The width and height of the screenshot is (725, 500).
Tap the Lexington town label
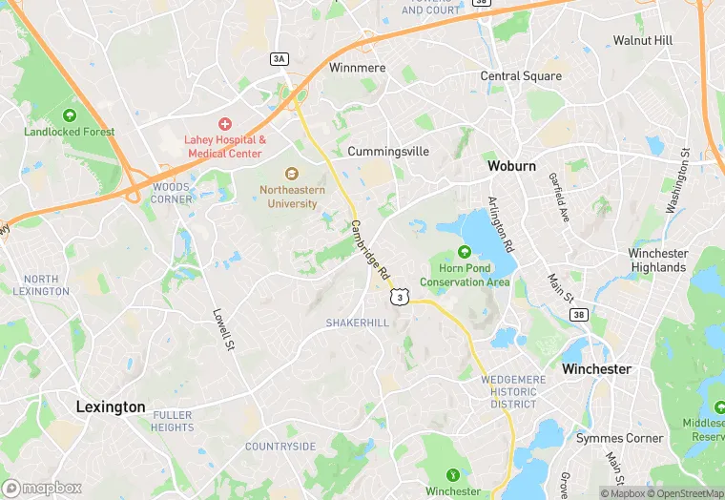click(111, 406)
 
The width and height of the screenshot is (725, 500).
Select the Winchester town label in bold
click(596, 368)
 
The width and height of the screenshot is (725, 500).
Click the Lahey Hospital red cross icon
click(225, 123)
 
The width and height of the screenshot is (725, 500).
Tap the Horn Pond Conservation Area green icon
click(465, 252)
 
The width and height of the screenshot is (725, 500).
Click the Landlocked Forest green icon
click(70, 115)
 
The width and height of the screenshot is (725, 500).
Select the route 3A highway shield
click(279, 58)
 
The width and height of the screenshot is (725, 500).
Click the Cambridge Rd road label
click(369, 251)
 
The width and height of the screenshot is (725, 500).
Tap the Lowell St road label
click(224, 327)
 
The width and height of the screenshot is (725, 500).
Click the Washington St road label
click(676, 180)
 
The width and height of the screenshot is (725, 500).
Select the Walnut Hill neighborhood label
click(642, 41)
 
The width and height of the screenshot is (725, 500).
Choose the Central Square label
click(521, 76)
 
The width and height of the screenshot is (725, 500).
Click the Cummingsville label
click(388, 152)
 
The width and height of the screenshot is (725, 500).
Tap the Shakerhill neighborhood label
click(358, 323)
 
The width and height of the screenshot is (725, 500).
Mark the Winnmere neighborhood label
click(357, 69)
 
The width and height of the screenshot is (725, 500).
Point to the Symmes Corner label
click(619, 438)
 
